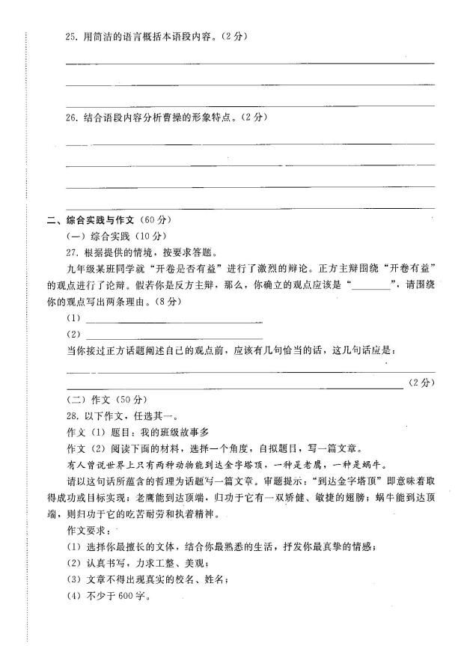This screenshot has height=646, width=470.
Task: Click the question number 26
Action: click(x=72, y=118)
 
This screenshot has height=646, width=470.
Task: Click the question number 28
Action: click(x=73, y=415)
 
